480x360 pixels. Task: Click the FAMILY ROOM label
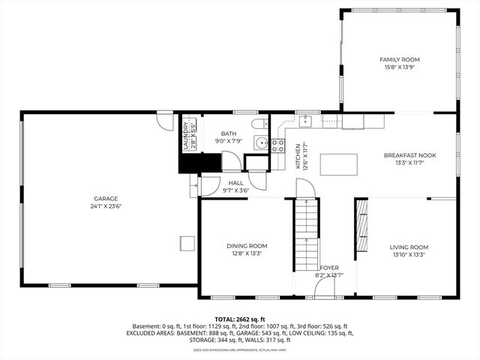tap(399, 59)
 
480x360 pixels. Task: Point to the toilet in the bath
tap(257, 124)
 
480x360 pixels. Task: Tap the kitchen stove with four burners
tap(278, 144)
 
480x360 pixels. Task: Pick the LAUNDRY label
tap(185, 135)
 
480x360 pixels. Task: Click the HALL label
tap(236, 182)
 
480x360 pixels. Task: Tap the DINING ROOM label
tap(247, 246)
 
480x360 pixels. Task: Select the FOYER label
tap(329, 268)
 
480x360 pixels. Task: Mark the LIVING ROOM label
tap(409, 247)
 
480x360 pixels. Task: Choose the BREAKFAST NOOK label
tap(409, 155)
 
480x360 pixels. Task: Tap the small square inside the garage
tap(186, 243)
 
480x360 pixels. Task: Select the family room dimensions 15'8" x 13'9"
tap(399, 67)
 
